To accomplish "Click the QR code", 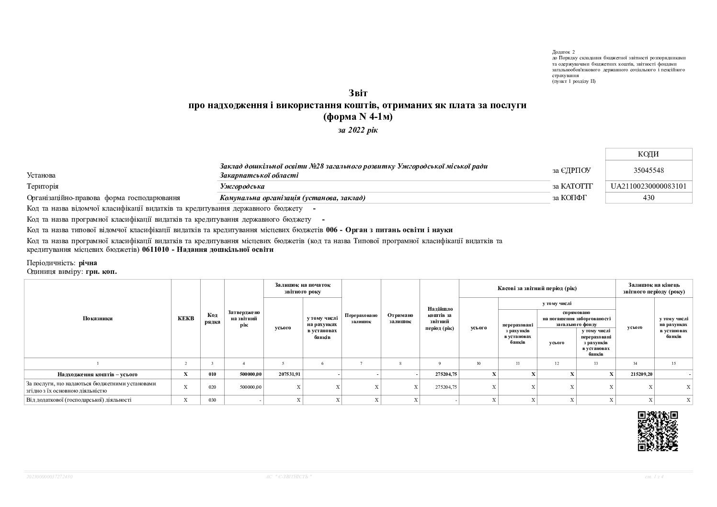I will tap(658, 431).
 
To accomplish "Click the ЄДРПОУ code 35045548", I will tap(649, 170).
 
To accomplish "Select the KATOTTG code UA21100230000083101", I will tap(649, 186).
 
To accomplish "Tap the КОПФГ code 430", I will tap(649, 197).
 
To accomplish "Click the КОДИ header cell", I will tap(649, 154).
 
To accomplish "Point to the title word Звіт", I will tap(358, 93).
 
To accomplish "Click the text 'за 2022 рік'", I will tap(358, 130).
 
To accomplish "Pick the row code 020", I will tap(213, 387).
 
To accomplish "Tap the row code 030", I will tap(213, 400).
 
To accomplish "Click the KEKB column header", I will tap(186, 318).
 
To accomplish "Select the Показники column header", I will tap(98, 318).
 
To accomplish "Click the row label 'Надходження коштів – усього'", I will tap(98, 374).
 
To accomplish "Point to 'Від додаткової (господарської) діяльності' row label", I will tap(79, 400).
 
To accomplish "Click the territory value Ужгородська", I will tap(242, 186).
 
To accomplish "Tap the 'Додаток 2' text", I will tap(563, 52).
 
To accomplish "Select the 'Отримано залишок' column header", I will tap(400, 318).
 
